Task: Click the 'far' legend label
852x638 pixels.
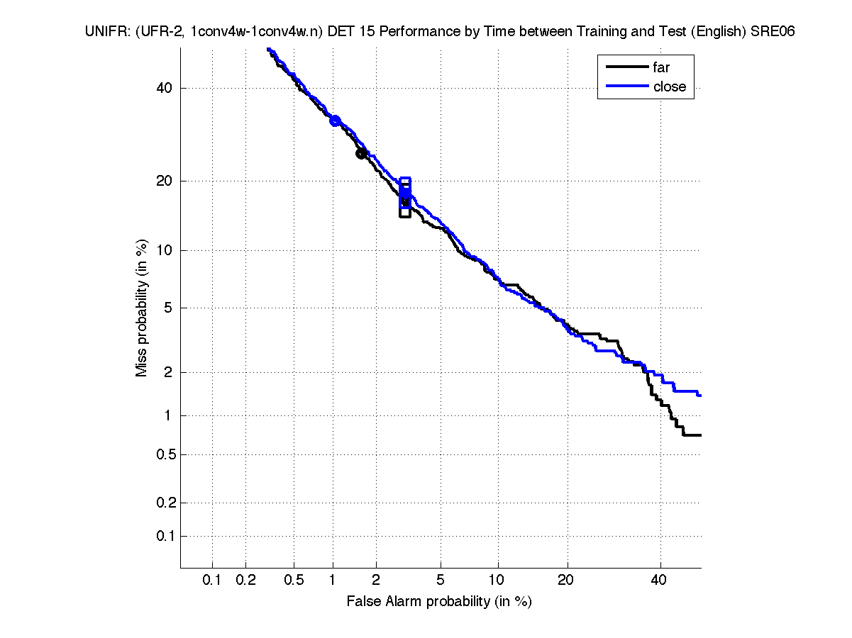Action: coord(661,68)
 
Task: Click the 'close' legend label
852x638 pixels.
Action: coord(669,86)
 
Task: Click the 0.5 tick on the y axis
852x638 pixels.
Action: coord(162,454)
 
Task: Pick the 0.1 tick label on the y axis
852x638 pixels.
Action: coord(162,536)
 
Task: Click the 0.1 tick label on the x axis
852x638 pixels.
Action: coord(212,581)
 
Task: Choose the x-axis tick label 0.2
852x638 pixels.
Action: coord(245,581)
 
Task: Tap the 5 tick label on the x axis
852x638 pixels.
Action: coord(441,581)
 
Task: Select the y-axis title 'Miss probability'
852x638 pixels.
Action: coord(143,308)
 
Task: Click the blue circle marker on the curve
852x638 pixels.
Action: coord(335,121)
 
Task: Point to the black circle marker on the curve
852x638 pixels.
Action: coord(361,153)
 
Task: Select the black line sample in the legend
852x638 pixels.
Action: coord(626,68)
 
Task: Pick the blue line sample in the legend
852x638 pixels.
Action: coord(626,86)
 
